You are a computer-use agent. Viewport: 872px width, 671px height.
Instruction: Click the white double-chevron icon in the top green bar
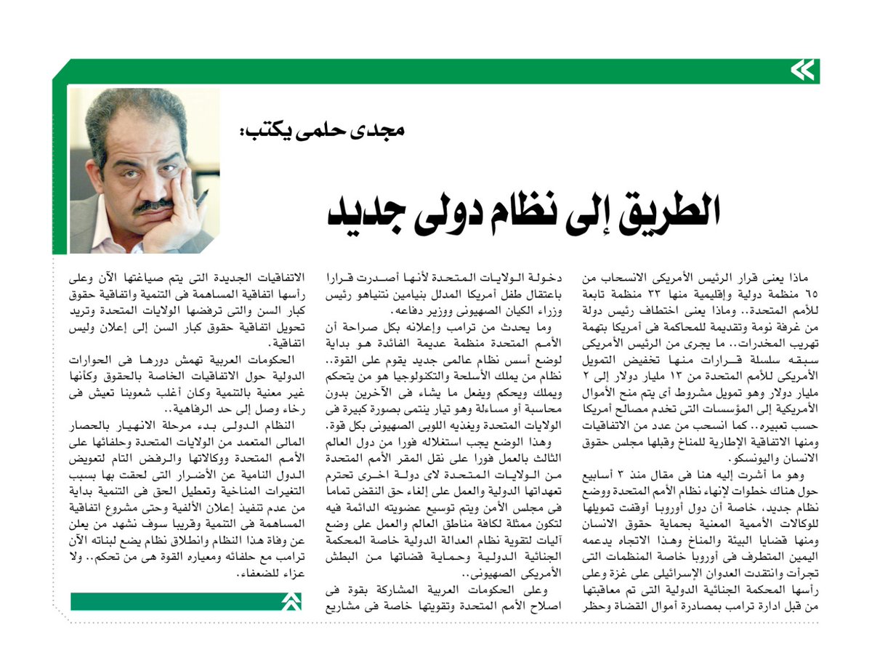click(802, 71)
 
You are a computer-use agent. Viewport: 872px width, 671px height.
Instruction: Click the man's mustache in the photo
click(152, 205)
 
